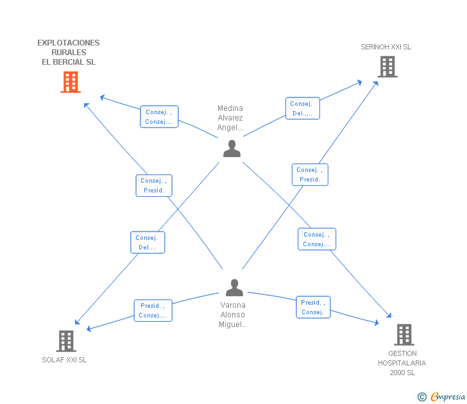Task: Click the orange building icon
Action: (71, 82)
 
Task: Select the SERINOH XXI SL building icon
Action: (387, 67)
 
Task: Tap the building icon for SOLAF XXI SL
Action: (66, 341)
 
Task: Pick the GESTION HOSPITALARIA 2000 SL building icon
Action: (404, 335)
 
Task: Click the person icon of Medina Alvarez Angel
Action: (232, 149)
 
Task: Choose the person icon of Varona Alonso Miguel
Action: (234, 287)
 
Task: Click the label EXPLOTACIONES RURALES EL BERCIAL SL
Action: (69, 53)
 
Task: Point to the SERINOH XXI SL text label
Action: (386, 47)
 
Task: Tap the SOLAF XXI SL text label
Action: (64, 360)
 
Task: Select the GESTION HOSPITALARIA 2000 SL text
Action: (402, 363)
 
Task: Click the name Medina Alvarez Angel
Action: (230, 117)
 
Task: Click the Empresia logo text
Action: (448, 396)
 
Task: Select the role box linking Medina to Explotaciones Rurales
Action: (159, 117)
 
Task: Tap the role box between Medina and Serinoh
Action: (303, 108)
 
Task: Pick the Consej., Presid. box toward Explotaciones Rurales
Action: (154, 185)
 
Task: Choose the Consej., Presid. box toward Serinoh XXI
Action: (310, 175)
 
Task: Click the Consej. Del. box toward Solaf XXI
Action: (148, 242)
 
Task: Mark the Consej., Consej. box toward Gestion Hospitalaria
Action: (317, 239)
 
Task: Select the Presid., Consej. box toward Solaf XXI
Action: (153, 310)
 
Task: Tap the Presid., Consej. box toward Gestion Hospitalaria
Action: (313, 307)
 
